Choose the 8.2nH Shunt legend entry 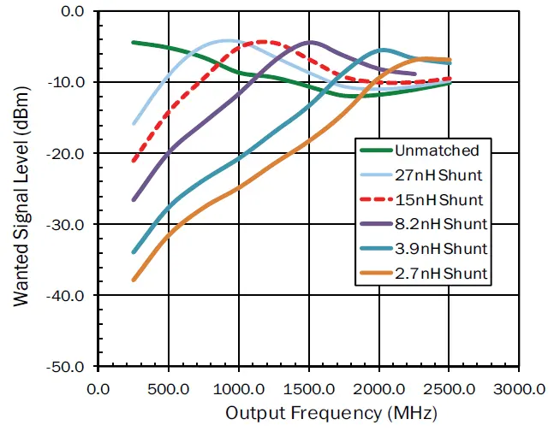pyautogui.click(x=441, y=224)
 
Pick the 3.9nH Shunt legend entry pyautogui.click(x=441, y=249)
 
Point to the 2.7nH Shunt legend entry pyautogui.click(x=441, y=274)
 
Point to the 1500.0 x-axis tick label pyautogui.click(x=309, y=389)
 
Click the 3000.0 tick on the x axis pyautogui.click(x=520, y=389)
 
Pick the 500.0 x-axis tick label pyautogui.click(x=169, y=389)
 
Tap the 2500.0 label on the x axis pyautogui.click(x=450, y=389)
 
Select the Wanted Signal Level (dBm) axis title pyautogui.click(x=19, y=190)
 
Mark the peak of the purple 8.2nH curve pyautogui.click(x=309, y=42)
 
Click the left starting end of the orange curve pyautogui.click(x=134, y=280)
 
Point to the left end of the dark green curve pyautogui.click(x=134, y=42)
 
